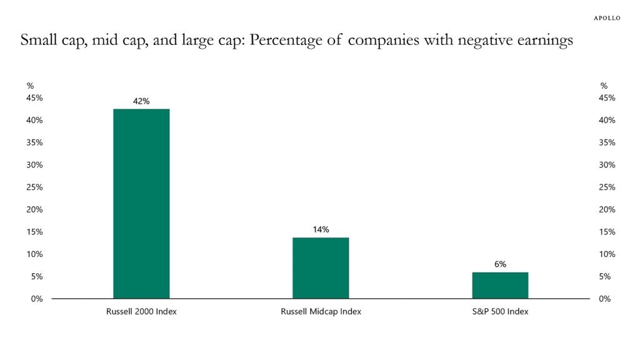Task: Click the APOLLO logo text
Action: tap(606, 18)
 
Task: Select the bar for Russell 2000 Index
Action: tap(141, 204)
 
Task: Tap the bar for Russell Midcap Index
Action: tap(321, 268)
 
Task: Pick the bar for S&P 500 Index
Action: tap(500, 286)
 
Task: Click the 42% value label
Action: tap(141, 101)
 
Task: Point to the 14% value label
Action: tap(321, 229)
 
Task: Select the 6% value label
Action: tap(500, 264)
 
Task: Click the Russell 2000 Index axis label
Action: tap(141, 311)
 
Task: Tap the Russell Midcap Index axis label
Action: tap(321, 311)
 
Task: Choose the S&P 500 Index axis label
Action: tap(500, 311)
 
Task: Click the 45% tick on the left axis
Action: tap(34, 98)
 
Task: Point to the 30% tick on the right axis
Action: tap(607, 165)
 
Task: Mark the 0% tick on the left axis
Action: tap(37, 299)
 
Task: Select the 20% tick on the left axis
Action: tap(34, 209)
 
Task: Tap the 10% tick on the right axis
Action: tap(607, 254)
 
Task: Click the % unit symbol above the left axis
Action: tap(30, 86)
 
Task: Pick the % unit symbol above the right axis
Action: tap(603, 86)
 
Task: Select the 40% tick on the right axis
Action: tap(607, 120)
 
